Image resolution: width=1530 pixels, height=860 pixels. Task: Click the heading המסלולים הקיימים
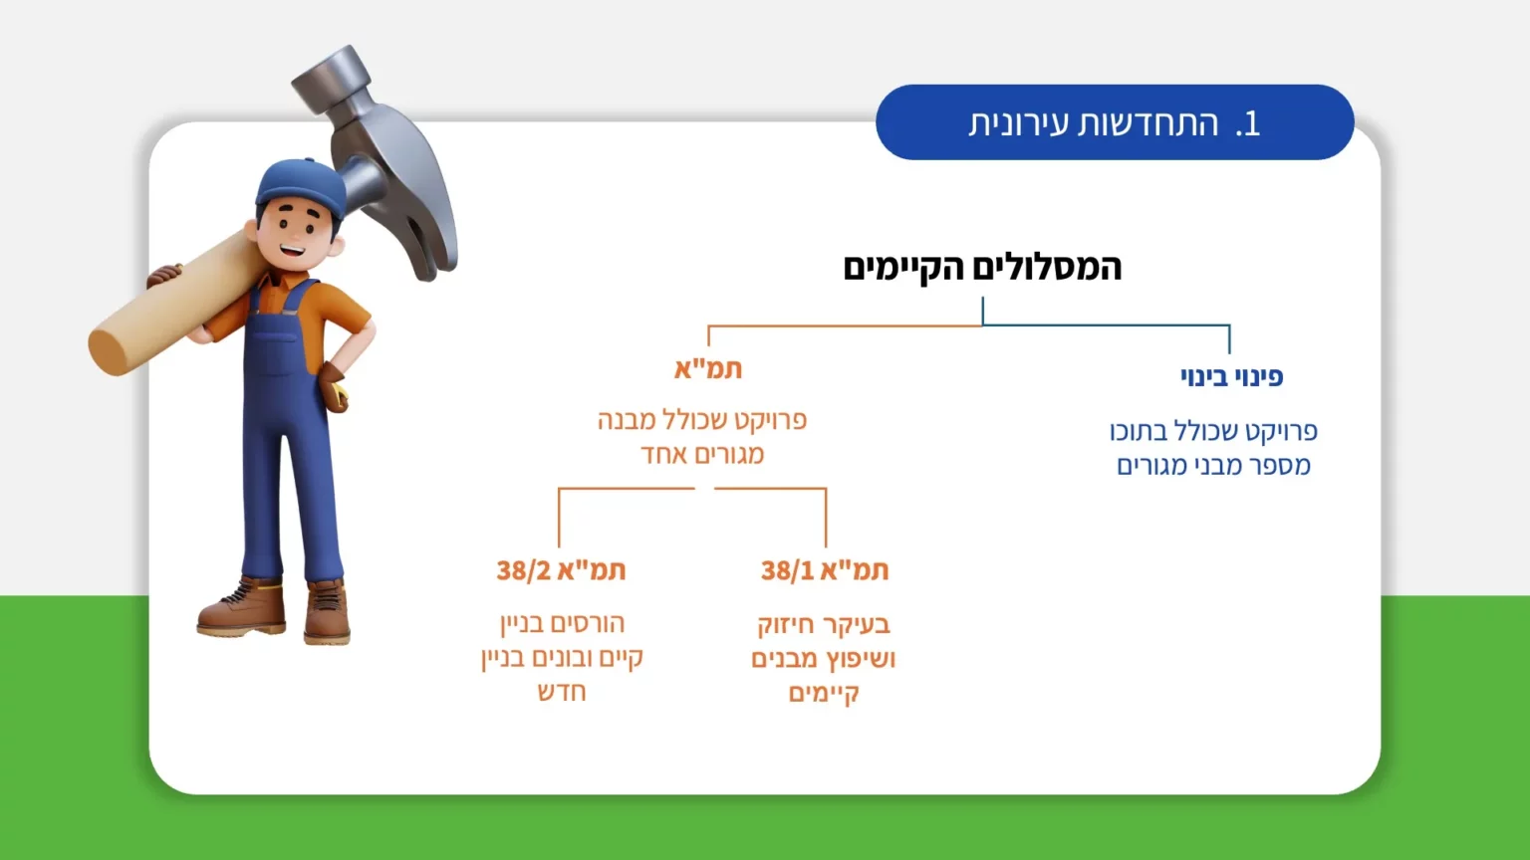coord(982,268)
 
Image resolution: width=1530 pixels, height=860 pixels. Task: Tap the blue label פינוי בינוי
coord(1231,377)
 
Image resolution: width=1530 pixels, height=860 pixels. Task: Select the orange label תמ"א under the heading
coord(708,369)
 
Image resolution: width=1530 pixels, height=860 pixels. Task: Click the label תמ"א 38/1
coord(825,570)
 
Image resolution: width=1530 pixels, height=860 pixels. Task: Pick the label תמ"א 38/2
coord(561,570)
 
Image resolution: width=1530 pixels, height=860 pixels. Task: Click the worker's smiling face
coord(294,234)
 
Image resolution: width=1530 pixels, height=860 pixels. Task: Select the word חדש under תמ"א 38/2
coord(562,693)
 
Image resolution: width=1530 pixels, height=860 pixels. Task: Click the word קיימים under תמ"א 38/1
coord(824,694)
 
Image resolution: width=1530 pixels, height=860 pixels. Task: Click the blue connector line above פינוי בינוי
coord(1106,324)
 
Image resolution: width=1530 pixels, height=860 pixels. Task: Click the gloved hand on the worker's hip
coord(334,386)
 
